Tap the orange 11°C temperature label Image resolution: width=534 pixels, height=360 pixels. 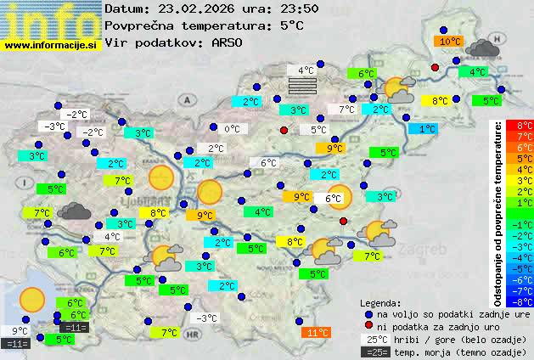point(317,333)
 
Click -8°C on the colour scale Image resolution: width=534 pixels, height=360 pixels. point(525,301)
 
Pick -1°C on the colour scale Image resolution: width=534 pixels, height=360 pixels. point(525,224)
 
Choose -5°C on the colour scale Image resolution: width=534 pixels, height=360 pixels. point(525,268)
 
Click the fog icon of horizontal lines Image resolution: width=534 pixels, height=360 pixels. point(303,87)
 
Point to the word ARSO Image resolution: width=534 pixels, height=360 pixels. point(230,42)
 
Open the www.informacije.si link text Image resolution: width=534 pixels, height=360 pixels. point(51,44)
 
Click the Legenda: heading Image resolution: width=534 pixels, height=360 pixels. point(380,303)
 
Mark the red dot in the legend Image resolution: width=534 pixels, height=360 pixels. point(368,326)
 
